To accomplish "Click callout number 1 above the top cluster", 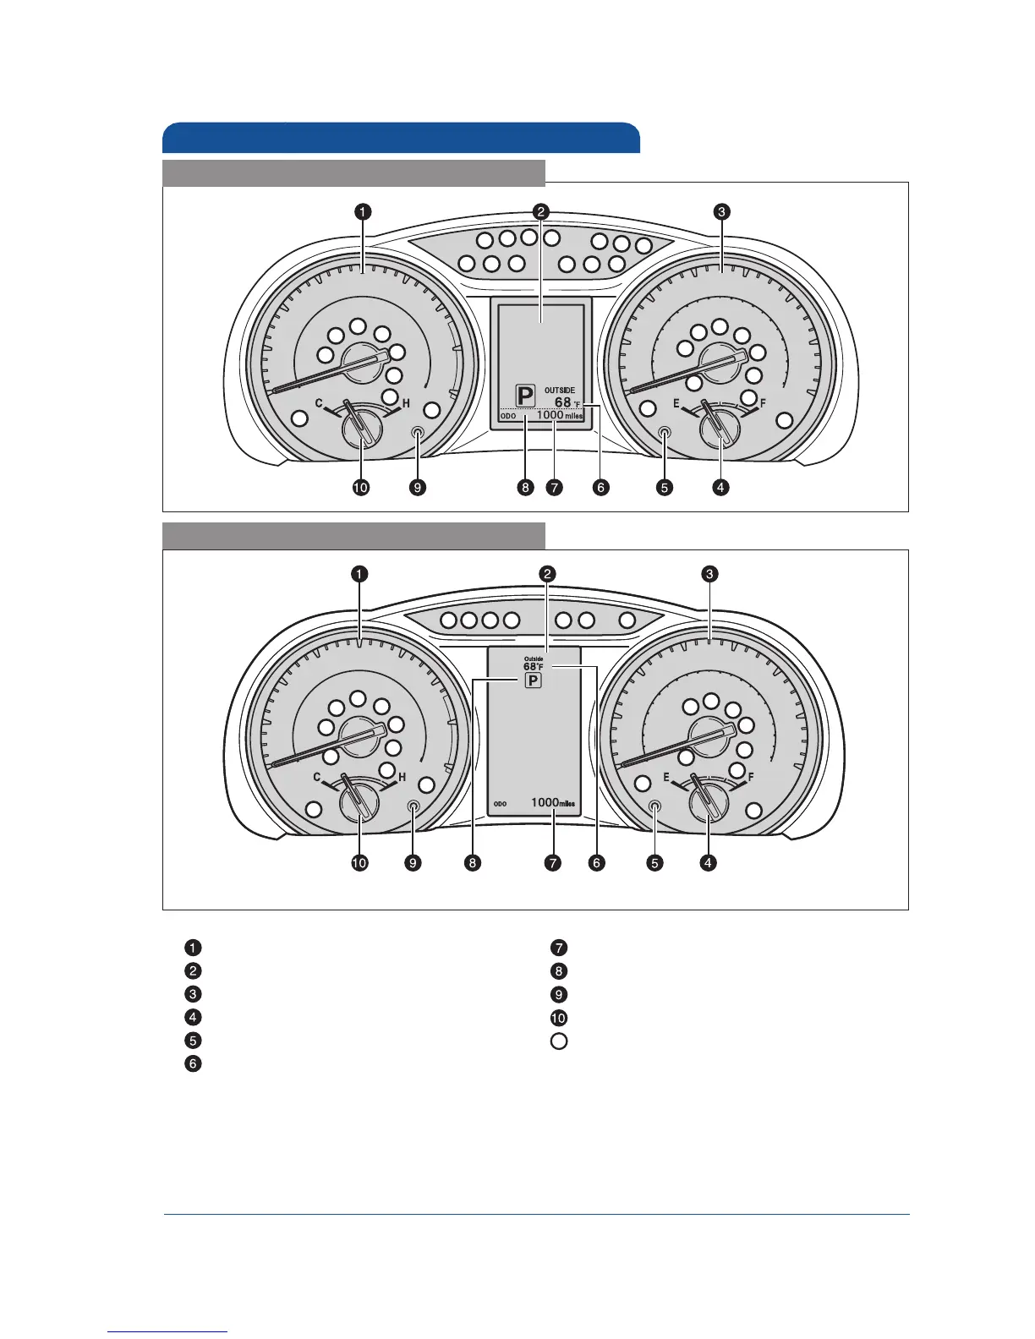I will pos(362,211).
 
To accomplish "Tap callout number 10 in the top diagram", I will pos(362,488).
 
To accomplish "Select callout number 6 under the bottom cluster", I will pos(598,863).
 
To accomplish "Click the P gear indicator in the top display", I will pos(526,395).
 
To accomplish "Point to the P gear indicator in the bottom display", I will pos(533,681).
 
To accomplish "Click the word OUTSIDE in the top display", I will pos(560,391).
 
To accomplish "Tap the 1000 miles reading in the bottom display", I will pos(556,803).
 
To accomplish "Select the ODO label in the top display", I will pos(508,416).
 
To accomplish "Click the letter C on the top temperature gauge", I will pos(319,404).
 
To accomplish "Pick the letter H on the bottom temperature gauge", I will pos(402,777).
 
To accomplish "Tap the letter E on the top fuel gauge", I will pos(676,404).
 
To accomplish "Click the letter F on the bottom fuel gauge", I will pos(751,777).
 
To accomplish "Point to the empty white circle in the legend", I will pos(559,1041).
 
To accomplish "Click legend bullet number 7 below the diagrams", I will pos(559,948).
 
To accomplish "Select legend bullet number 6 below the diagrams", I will pos(194,1063).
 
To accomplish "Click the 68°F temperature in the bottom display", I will pos(533,667).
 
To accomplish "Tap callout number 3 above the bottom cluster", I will pos(710,574).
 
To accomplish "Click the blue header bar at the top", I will pos(401,138).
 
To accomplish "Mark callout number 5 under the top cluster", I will pos(665,488).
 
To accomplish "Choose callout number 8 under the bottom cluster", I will pos(472,863).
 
